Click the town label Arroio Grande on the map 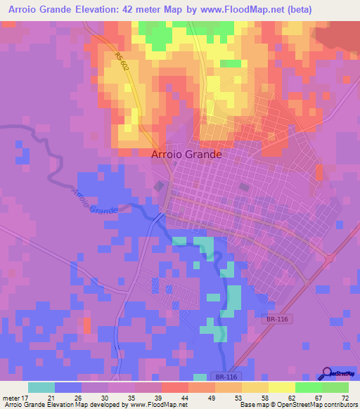pos(187,155)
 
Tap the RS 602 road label pos(123,61)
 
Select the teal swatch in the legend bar pos(41,387)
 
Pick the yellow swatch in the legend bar pos(281,387)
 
